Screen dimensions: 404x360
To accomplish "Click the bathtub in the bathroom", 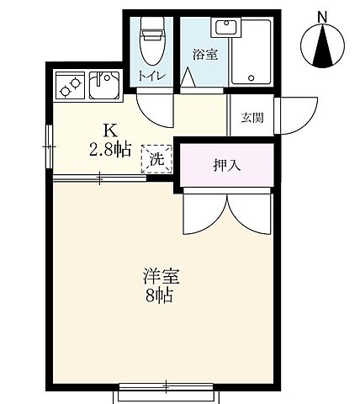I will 251,52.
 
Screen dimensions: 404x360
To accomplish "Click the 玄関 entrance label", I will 251,118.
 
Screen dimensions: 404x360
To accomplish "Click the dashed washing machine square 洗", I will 157,157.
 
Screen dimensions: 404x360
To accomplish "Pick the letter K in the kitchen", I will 109,130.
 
